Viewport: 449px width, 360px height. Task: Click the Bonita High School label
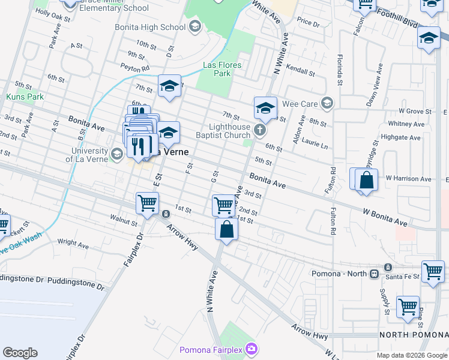coord(150,27)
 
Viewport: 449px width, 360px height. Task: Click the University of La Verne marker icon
coord(118,155)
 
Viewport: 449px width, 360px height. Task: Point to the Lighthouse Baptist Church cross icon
coord(260,130)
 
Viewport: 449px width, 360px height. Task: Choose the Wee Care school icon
coord(327,103)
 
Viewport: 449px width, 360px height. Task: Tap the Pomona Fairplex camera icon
coord(252,349)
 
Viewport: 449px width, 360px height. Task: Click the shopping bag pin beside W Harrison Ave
coord(366,179)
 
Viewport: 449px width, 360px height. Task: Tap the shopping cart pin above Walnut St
coord(147,203)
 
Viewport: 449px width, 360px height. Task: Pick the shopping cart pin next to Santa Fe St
coord(433,271)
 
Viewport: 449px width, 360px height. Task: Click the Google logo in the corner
coord(20,352)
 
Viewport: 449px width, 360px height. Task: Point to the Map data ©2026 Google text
coord(412,355)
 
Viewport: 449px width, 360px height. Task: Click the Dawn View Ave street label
coord(378,96)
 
